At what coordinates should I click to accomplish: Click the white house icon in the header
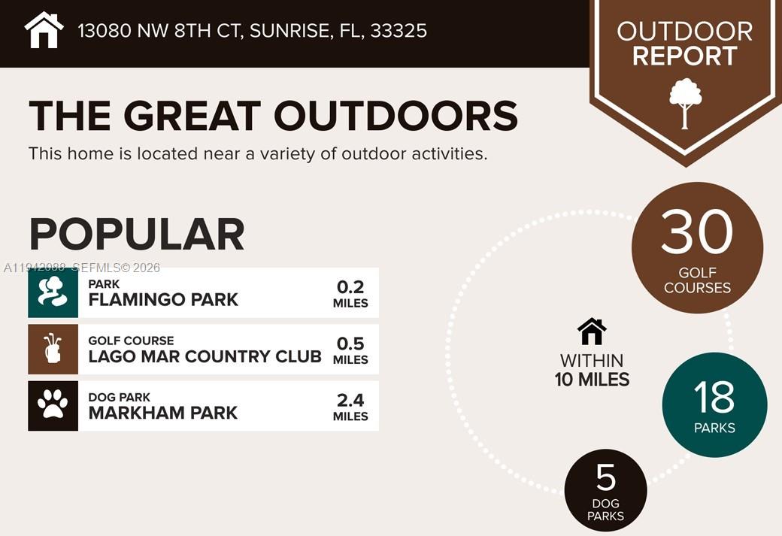tap(44, 30)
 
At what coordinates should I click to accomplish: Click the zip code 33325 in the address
tap(399, 31)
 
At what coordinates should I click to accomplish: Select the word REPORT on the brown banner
tap(684, 56)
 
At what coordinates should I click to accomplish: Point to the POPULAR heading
tap(137, 235)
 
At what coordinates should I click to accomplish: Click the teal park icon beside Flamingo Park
tap(53, 292)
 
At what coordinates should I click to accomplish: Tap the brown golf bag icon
tap(53, 349)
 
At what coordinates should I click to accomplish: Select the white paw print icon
tap(53, 406)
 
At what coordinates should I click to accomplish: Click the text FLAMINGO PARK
tap(163, 299)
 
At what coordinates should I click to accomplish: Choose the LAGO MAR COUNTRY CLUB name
tap(205, 356)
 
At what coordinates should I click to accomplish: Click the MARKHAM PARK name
tap(162, 413)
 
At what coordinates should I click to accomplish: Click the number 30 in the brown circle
tap(697, 232)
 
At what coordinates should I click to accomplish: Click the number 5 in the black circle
tap(605, 477)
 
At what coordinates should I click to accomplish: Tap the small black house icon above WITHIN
tap(592, 331)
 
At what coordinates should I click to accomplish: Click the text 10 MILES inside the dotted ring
tap(592, 380)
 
